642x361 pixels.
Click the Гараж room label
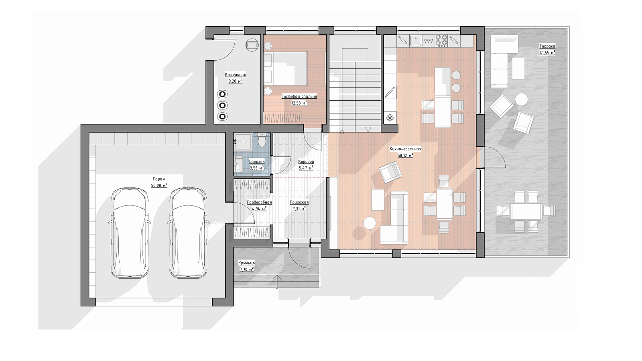coord(159,179)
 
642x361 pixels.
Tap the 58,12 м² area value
coord(405,155)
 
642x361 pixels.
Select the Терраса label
coord(547,46)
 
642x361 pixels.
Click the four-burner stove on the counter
coord(441,41)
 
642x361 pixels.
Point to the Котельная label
coord(235,75)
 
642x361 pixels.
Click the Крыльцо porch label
coord(246,263)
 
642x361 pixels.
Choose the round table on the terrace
coord(521,99)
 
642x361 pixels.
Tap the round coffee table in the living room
coord(370,223)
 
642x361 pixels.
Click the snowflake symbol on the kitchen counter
coord(390,118)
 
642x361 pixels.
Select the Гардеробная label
coord(259,202)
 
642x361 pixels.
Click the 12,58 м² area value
coord(299,103)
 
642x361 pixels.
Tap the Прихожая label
coord(299,202)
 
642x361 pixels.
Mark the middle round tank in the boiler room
coord(223,105)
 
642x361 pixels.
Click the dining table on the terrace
coord(526,211)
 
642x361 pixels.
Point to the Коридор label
coord(306,162)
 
